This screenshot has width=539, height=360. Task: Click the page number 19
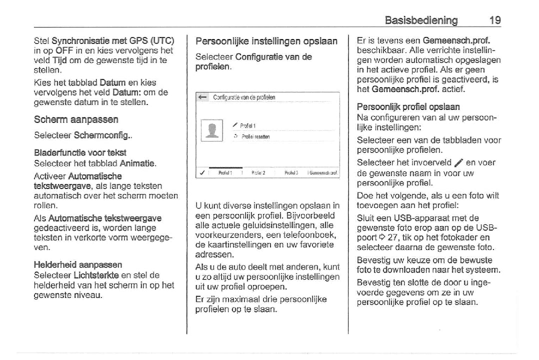click(x=495, y=20)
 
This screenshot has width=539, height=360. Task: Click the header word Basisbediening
click(x=421, y=20)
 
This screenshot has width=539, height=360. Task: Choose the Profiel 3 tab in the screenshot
click(x=291, y=173)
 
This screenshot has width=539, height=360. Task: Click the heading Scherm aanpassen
click(x=76, y=120)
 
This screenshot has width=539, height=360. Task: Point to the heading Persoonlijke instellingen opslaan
click(x=266, y=41)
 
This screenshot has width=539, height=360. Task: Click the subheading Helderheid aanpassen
click(x=77, y=265)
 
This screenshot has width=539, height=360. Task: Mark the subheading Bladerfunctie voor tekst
click(x=80, y=152)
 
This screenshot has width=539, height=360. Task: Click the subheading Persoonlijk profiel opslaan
click(x=408, y=107)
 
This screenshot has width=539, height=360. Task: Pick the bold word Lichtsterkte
click(x=96, y=275)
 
